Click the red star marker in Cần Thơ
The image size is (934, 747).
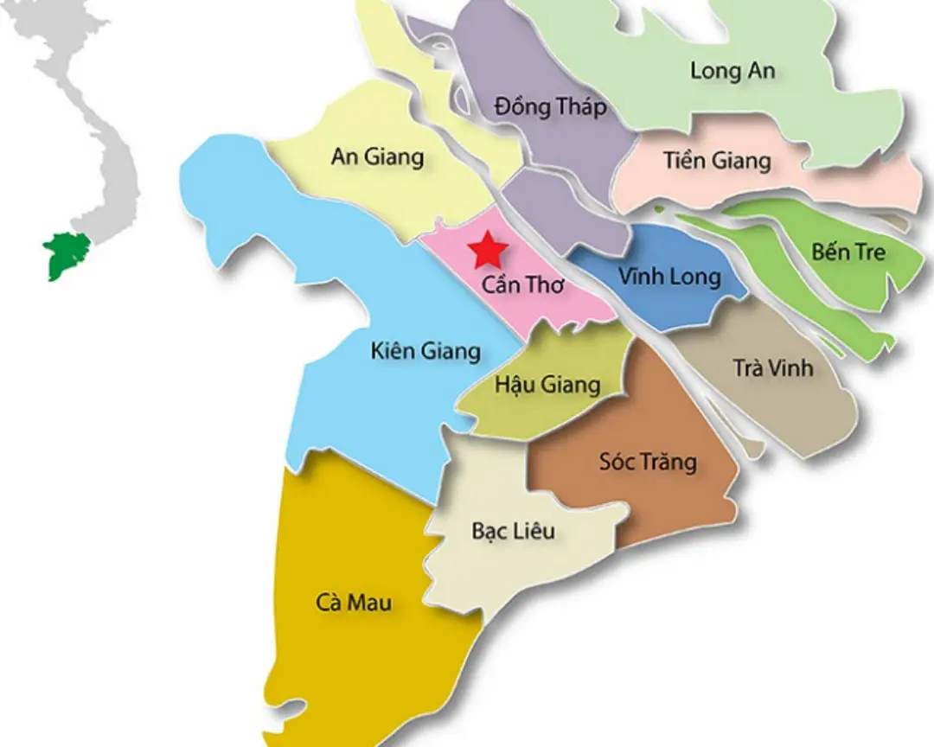pos(488,250)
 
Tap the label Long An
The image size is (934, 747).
pos(732,71)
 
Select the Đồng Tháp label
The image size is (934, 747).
pos(551,107)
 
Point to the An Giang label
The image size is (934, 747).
pos(377,156)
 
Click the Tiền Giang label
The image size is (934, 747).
pos(717,160)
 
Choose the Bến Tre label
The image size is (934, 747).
pos(848,252)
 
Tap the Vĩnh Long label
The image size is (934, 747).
pos(669,277)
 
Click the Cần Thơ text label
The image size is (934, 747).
pos(522,284)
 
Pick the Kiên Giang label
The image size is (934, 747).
pos(425,351)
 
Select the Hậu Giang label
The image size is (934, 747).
pos(547,384)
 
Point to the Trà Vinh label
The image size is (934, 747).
pos(773,367)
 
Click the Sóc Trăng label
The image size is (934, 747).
pos(648,462)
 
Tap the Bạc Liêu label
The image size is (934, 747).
pos(513,530)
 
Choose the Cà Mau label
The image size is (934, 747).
pos(353,603)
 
